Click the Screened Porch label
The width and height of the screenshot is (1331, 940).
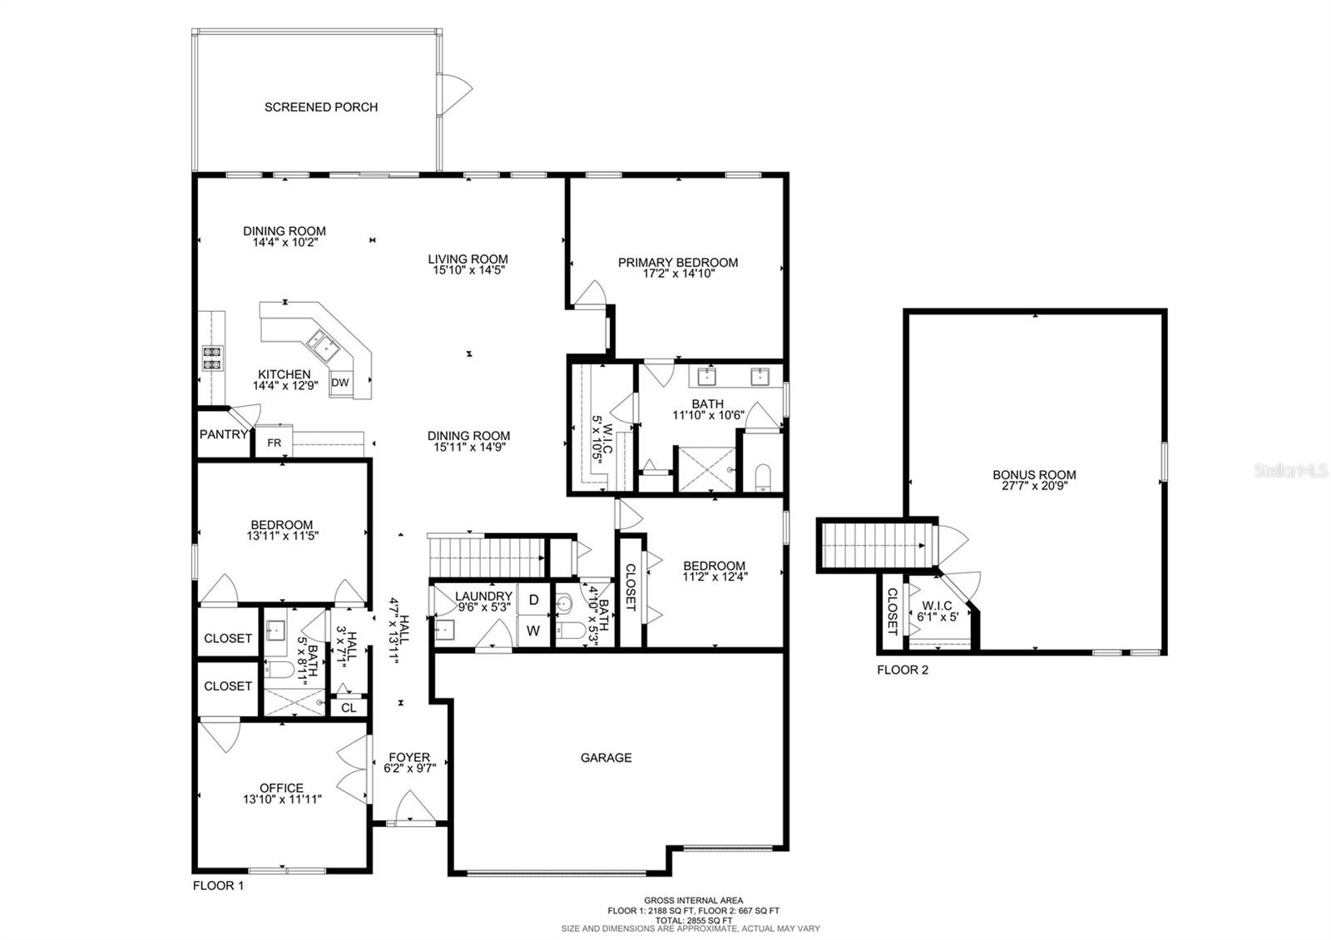(321, 107)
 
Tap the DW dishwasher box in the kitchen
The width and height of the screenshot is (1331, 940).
(339, 383)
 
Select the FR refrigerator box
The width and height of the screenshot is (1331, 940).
(274, 443)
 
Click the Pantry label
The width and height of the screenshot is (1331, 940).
(223, 434)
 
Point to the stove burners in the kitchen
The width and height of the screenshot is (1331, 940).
(212, 357)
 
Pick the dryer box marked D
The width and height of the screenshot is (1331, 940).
(533, 600)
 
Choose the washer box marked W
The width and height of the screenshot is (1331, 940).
(533, 631)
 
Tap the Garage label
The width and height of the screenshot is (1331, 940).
(606, 758)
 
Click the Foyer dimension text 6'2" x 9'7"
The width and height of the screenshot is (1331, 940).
(410, 769)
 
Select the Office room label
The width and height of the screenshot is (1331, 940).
(281, 788)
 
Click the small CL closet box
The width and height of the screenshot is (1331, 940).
(349, 708)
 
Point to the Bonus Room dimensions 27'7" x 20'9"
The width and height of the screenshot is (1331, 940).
(1034, 487)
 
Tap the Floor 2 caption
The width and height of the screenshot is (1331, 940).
(903, 670)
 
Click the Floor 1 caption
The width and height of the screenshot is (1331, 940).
(218, 886)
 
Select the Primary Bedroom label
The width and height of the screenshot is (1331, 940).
(677, 263)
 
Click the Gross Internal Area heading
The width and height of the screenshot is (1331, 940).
(693, 900)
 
